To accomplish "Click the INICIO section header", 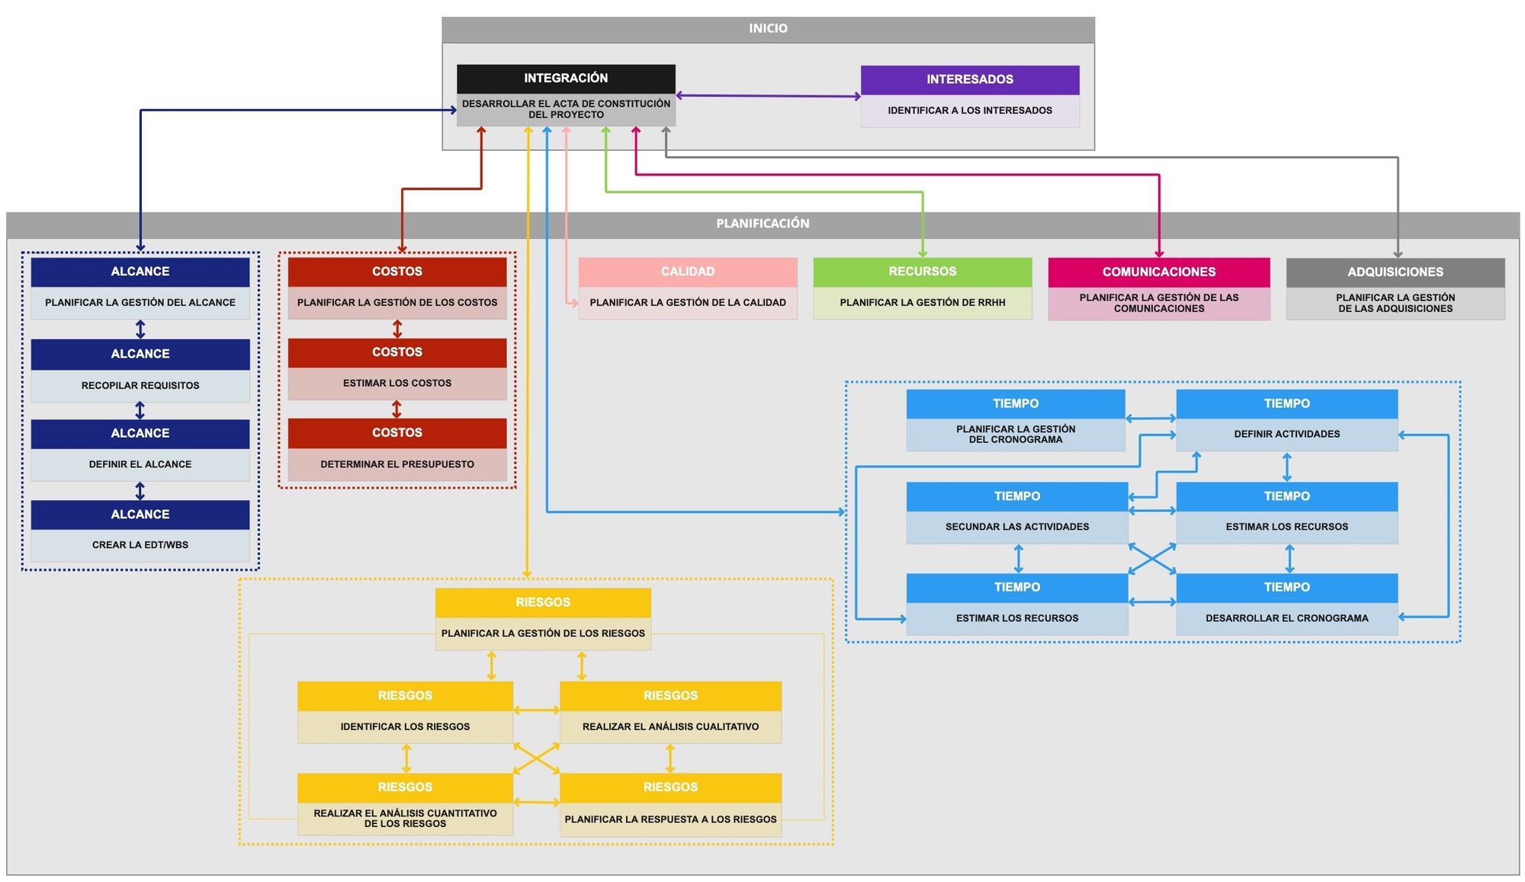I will tap(768, 29).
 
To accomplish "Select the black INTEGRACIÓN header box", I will tap(566, 79).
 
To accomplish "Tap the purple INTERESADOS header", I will tap(970, 79).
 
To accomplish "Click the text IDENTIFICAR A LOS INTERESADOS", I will tap(970, 111).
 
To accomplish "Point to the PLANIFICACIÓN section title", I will tap(762, 223).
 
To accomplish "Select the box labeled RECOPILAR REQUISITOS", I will tap(140, 386).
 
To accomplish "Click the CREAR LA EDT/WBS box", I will tap(140, 545).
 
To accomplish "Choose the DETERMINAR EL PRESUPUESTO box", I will tap(397, 464).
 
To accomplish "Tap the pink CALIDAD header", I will tap(688, 272).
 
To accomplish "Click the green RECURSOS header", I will tap(923, 272).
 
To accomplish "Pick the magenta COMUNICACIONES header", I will tap(1159, 272).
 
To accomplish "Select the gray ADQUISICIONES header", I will tap(1395, 272).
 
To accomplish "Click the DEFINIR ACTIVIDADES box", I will tap(1287, 435).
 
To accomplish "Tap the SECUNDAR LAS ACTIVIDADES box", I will tap(1017, 527).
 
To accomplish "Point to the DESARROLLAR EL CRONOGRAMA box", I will tap(1287, 618).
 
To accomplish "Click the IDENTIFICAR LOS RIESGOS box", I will tap(405, 726).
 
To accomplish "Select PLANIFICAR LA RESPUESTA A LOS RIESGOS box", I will tap(670, 819).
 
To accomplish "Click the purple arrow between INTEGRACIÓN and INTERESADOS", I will tap(768, 96).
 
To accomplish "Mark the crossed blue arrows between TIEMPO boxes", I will tap(1152, 559).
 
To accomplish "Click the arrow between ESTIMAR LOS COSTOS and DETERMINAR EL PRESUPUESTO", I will tap(396, 409).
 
